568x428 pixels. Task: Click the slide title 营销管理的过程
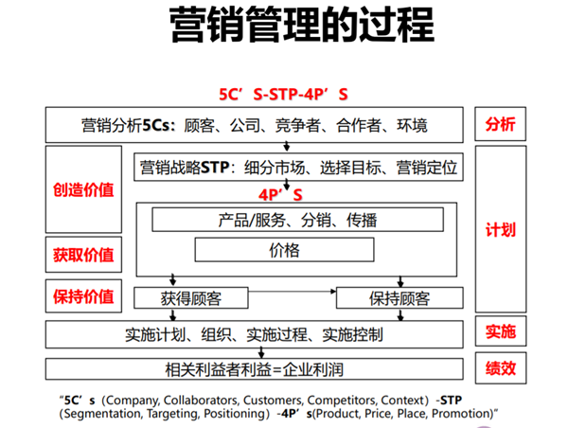click(301, 25)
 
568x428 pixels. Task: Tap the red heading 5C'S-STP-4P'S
click(283, 95)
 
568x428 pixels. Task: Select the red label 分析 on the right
click(500, 124)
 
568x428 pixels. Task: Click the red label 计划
click(501, 230)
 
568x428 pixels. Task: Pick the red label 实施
click(501, 331)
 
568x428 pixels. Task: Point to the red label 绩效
click(501, 368)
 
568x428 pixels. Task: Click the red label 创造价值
click(83, 189)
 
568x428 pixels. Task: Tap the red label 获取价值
click(83, 255)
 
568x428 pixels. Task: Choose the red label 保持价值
click(83, 296)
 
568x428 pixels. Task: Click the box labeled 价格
click(284, 250)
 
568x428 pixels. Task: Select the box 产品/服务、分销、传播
click(297, 220)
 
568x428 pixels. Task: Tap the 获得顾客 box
click(191, 298)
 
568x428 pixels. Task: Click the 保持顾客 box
click(399, 298)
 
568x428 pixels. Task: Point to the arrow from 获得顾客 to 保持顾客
click(293, 292)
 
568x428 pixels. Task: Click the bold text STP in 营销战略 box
click(215, 168)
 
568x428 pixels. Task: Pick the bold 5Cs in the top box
click(156, 125)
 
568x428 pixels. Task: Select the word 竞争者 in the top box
click(297, 125)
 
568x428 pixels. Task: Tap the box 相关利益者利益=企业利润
click(255, 369)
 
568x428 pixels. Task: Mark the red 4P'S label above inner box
click(280, 195)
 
